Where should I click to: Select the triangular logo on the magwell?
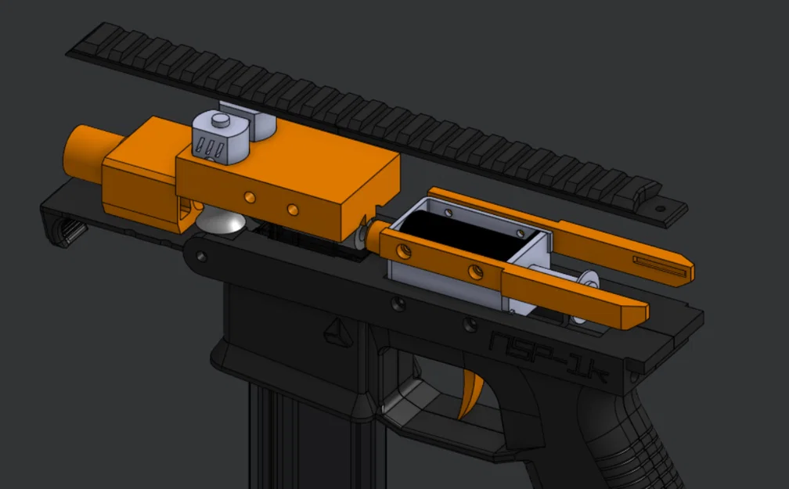337,332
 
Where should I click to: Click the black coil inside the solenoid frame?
470,236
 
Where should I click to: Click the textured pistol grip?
618,438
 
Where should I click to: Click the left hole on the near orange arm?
404,251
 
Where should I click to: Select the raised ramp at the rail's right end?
647,189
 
